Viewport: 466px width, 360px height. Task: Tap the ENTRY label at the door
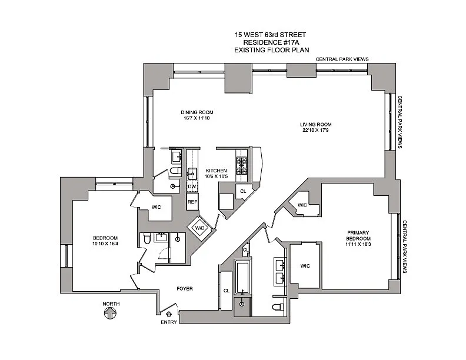[168, 322]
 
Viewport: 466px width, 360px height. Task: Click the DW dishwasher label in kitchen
[191, 186]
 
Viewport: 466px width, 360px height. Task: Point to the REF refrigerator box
[192, 201]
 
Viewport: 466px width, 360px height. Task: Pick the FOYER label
[185, 288]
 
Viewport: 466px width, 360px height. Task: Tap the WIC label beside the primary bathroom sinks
[304, 265]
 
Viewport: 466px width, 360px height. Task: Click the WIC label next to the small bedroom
[156, 207]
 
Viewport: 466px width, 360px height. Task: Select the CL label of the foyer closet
[226, 290]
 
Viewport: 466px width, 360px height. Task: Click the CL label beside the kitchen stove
[243, 191]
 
